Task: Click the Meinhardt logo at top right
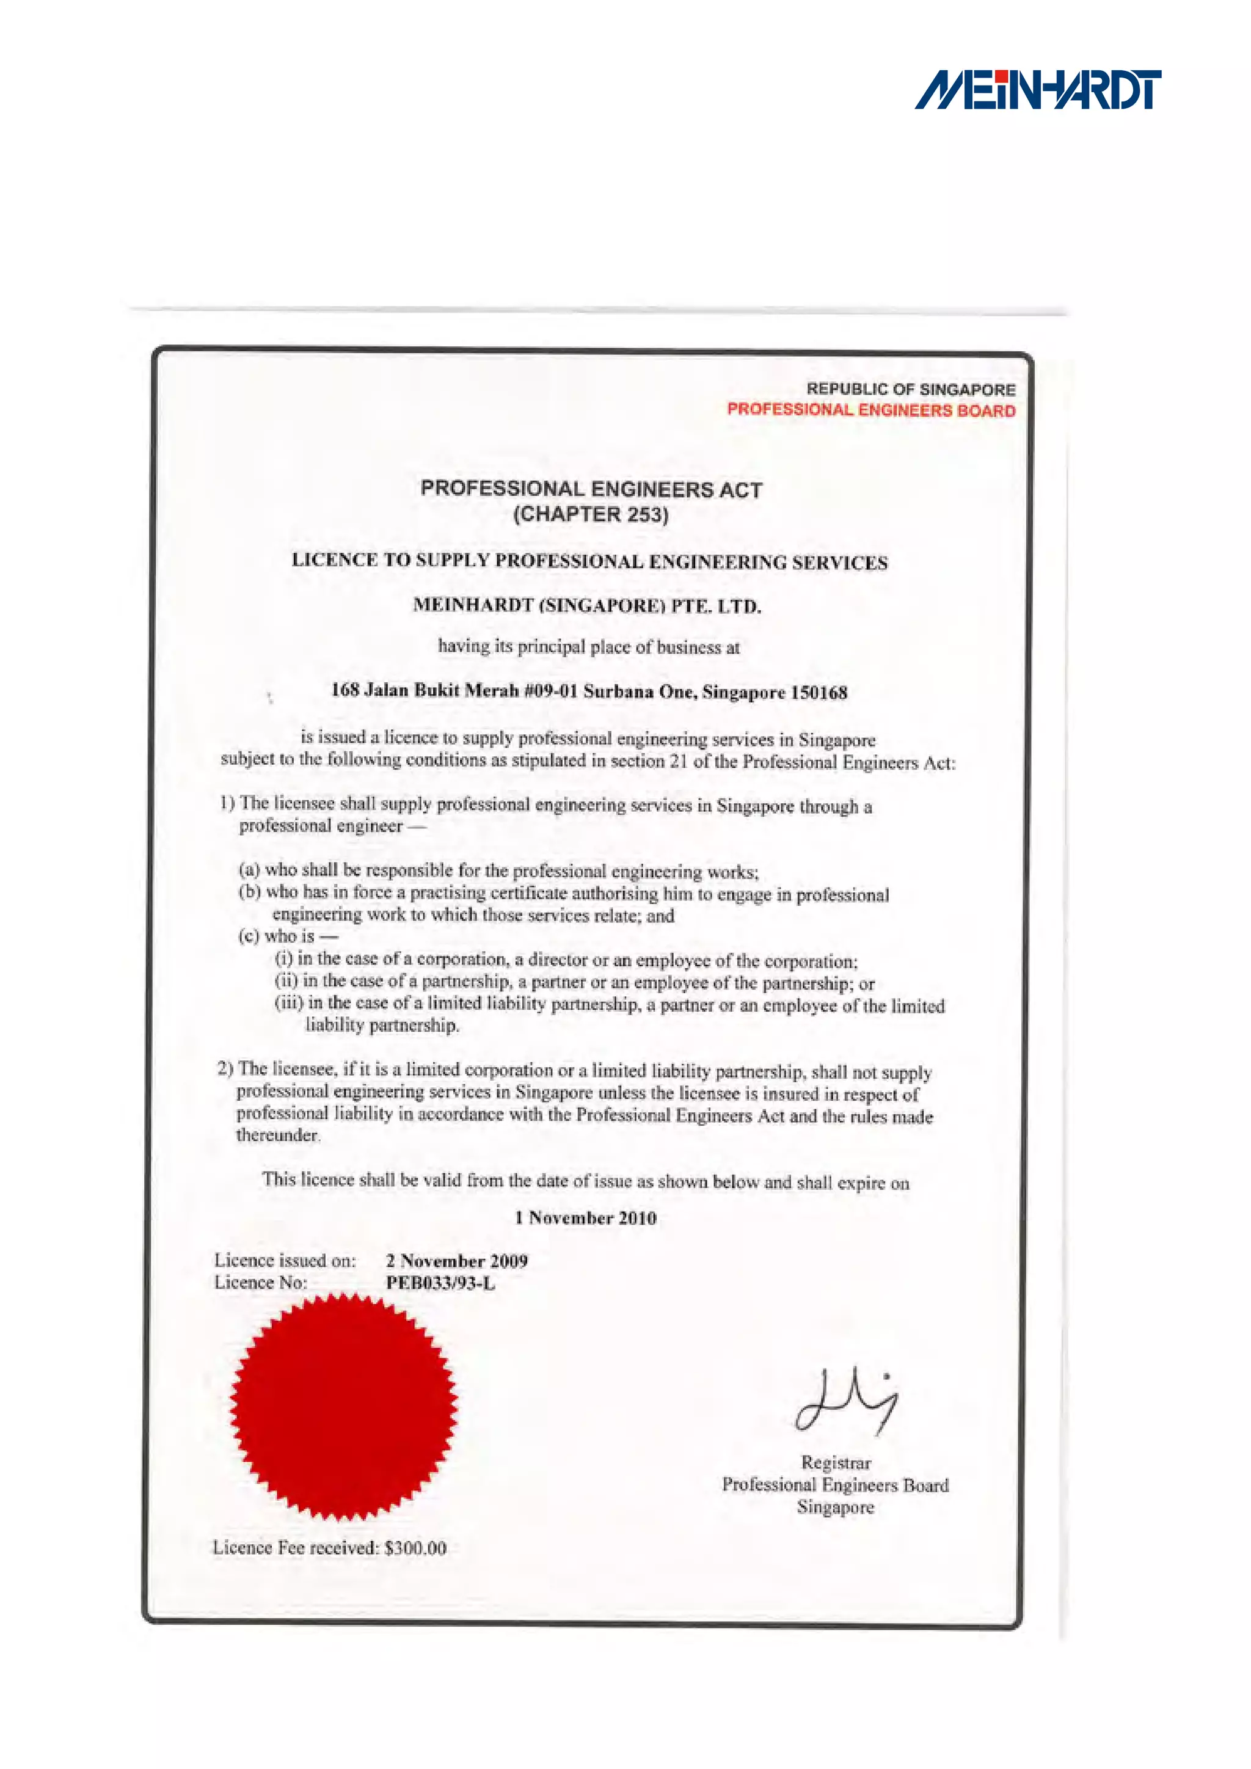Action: pyautogui.click(x=1038, y=90)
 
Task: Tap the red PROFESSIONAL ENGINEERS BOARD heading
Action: pyautogui.click(x=870, y=410)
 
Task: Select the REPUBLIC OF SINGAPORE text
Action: pyautogui.click(x=911, y=389)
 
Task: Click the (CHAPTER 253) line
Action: pyautogui.click(x=591, y=514)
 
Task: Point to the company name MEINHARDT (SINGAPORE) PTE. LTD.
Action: pyautogui.click(x=587, y=605)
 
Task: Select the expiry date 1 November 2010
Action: pyautogui.click(x=585, y=1217)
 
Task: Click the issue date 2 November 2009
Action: pyautogui.click(x=456, y=1261)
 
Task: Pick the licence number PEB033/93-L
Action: pyautogui.click(x=440, y=1283)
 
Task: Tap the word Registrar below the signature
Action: pyautogui.click(x=836, y=1462)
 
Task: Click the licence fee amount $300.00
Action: pyautogui.click(x=415, y=1548)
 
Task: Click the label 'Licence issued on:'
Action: pyautogui.click(x=285, y=1261)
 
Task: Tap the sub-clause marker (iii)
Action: pyautogui.click(x=289, y=1003)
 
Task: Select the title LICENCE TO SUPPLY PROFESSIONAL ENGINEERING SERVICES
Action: pyautogui.click(x=589, y=562)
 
